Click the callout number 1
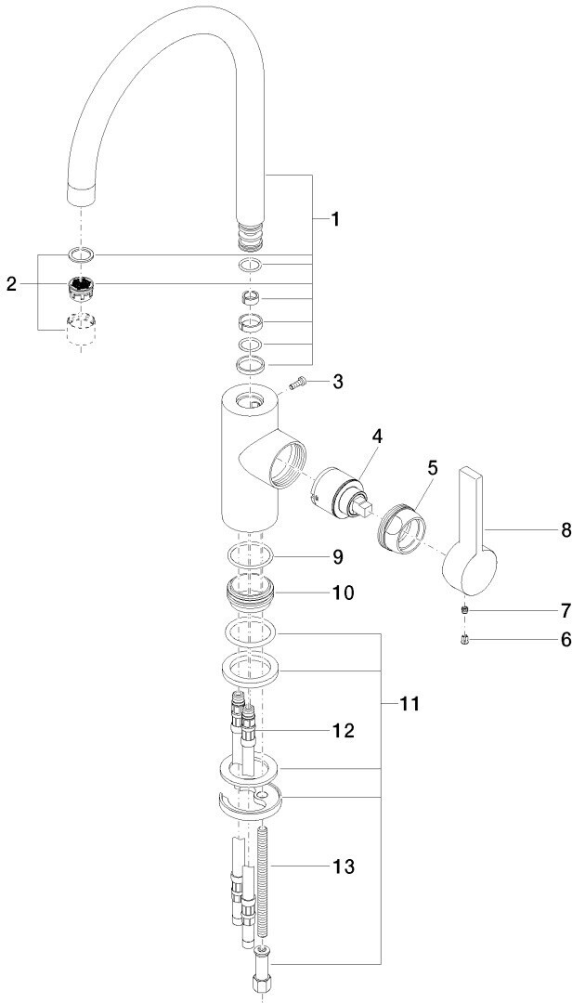(335, 220)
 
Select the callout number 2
(11, 284)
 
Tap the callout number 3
(338, 381)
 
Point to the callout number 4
(378, 436)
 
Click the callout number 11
(409, 705)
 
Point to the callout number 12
(342, 731)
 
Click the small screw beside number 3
(298, 384)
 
